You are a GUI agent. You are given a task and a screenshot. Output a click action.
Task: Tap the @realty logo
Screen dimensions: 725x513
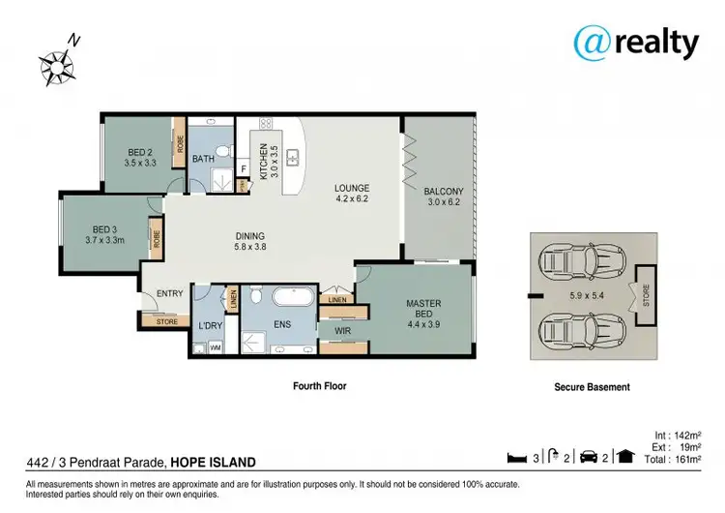636,43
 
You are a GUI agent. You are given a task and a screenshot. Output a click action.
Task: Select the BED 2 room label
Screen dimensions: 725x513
140,158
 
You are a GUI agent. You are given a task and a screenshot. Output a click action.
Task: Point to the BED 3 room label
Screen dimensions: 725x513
105,235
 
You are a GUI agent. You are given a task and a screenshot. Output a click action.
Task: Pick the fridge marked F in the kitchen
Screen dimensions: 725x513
244,169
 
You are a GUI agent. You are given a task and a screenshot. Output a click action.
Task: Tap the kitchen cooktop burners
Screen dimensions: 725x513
266,123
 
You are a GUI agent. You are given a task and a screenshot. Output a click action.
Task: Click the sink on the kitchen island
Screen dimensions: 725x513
293,157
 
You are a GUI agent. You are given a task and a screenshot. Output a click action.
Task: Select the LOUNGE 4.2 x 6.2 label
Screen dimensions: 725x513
352,193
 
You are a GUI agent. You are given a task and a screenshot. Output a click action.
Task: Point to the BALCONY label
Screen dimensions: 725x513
444,196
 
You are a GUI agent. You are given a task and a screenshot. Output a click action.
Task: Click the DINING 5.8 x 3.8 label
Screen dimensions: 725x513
250,241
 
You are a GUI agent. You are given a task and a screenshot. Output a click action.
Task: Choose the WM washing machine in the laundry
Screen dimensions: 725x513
215,347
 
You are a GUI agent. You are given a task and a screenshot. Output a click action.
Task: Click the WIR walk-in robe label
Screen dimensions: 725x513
342,331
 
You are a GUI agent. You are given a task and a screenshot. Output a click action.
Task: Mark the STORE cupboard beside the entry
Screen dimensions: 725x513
167,321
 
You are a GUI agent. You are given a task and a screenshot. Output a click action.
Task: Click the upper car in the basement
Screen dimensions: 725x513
583,262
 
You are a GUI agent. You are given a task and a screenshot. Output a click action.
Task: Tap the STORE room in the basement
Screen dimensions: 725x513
646,295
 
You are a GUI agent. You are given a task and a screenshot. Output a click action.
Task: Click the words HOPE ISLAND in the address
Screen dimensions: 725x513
214,462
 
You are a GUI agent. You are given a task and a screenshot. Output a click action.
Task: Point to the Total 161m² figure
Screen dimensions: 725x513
673,460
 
